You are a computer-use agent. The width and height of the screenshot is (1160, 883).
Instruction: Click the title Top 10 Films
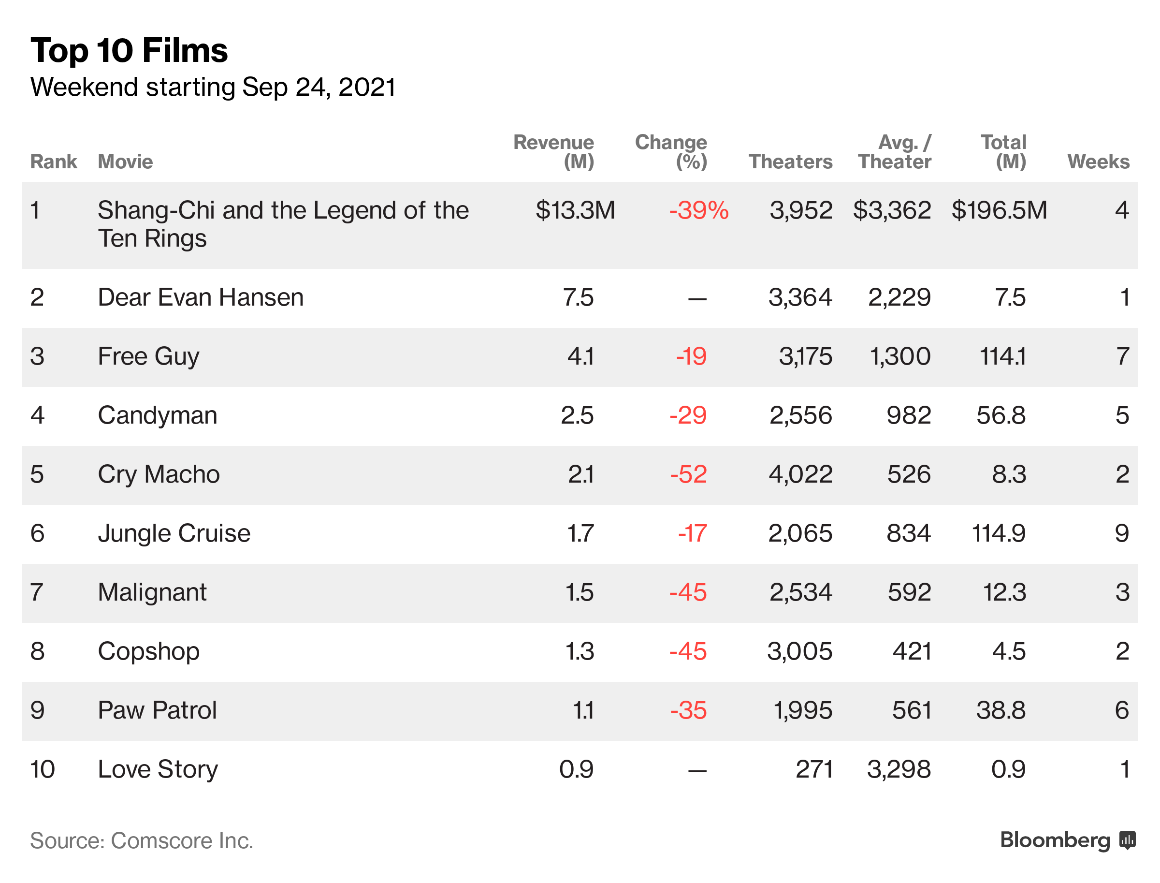129,50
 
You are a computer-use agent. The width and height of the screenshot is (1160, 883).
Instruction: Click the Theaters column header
790,162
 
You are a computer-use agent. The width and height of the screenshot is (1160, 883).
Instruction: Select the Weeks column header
1098,162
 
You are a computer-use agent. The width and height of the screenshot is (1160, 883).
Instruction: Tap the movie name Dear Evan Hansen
200,297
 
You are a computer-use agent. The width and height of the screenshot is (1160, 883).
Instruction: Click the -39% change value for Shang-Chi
698,210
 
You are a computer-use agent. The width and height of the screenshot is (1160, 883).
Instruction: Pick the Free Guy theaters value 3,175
805,356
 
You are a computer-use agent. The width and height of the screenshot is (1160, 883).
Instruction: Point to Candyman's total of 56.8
1000,415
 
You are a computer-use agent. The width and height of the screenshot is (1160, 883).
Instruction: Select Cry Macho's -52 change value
688,474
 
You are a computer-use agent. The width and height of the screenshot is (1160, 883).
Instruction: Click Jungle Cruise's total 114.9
998,533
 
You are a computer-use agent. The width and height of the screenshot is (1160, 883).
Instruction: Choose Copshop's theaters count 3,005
799,651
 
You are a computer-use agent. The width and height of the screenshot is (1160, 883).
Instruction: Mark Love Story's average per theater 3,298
899,769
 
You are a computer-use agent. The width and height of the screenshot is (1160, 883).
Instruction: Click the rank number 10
43,769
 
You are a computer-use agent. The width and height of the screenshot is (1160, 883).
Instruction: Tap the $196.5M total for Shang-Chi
999,210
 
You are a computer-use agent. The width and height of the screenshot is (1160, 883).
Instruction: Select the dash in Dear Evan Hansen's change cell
696,299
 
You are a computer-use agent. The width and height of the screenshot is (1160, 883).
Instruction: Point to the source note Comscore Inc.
182,840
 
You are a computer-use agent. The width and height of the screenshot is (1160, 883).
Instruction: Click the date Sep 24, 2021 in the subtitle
319,87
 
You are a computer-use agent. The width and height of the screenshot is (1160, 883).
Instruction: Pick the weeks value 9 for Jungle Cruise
1122,533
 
